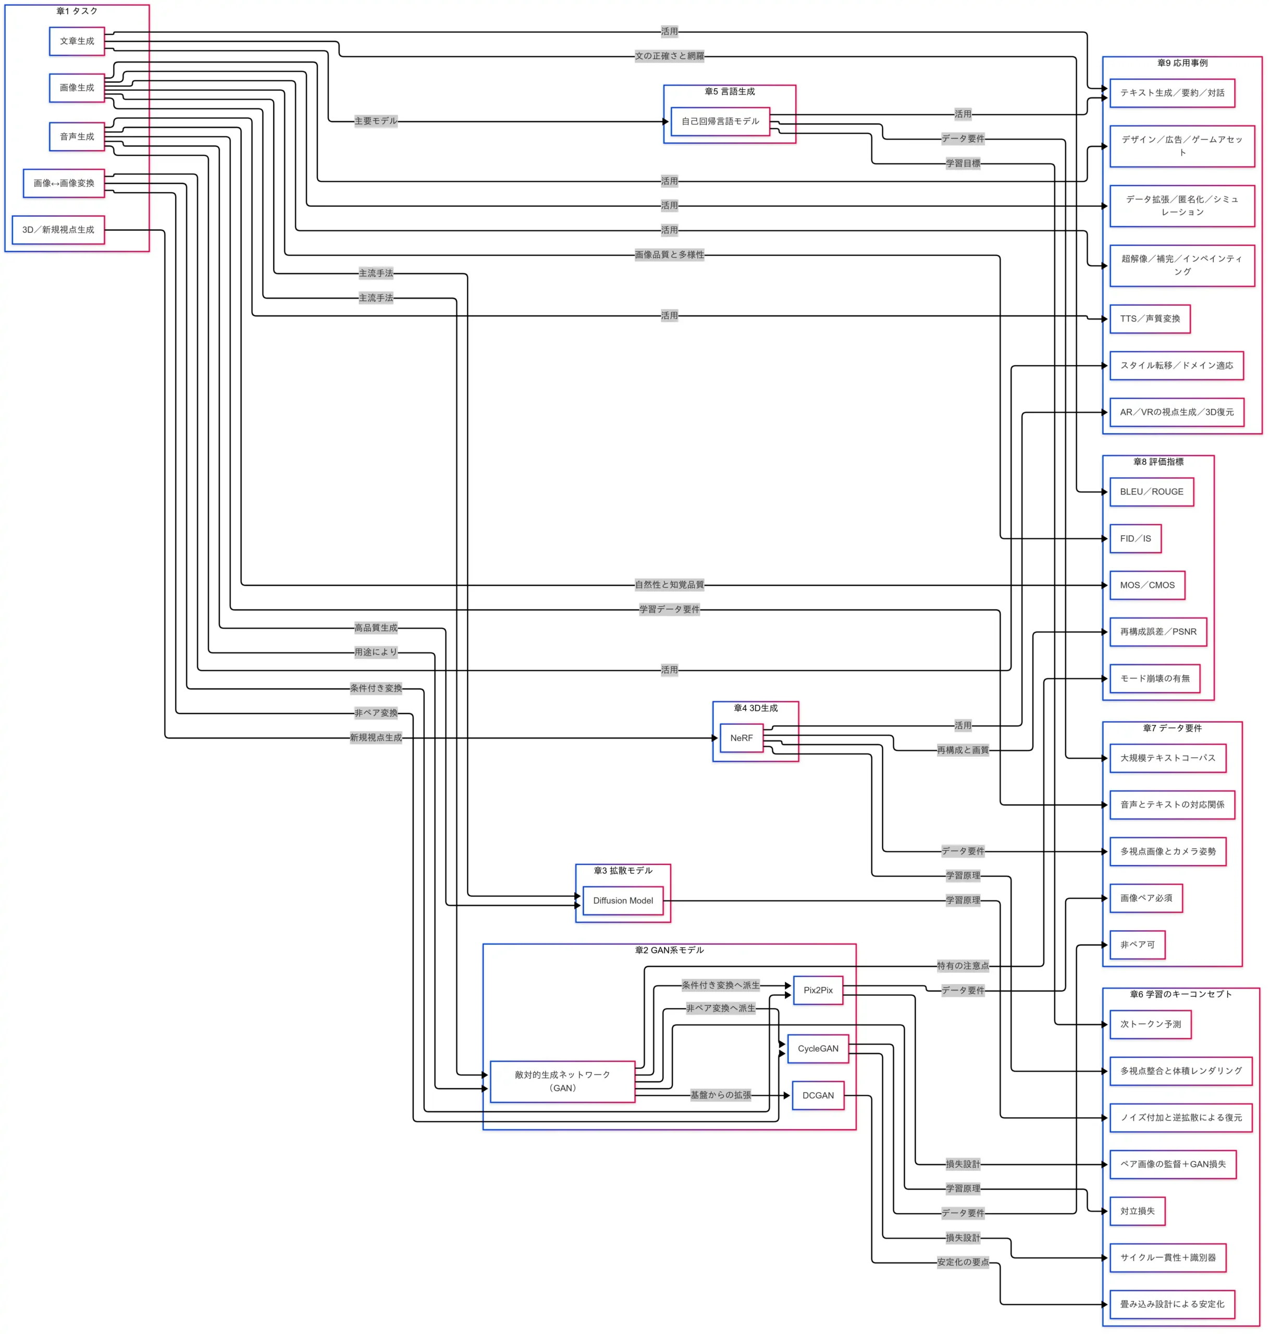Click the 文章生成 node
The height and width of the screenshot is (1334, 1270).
click(x=77, y=41)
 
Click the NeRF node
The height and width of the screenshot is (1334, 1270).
click(x=741, y=738)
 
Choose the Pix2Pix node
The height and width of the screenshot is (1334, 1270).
click(x=817, y=990)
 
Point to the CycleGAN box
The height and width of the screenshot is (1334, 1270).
click(x=817, y=1049)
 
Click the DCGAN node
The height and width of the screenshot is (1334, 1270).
click(x=817, y=1096)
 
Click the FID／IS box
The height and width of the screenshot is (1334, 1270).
click(x=1135, y=539)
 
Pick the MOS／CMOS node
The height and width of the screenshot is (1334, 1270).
click(x=1147, y=585)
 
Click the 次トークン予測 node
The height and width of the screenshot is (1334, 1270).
click(x=1150, y=1024)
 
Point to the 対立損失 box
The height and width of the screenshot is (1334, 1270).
click(x=1137, y=1212)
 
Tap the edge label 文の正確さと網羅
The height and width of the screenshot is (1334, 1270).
click(x=669, y=56)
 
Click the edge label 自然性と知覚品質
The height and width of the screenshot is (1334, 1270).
click(x=669, y=585)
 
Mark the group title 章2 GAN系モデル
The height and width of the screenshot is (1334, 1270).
click(x=669, y=951)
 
